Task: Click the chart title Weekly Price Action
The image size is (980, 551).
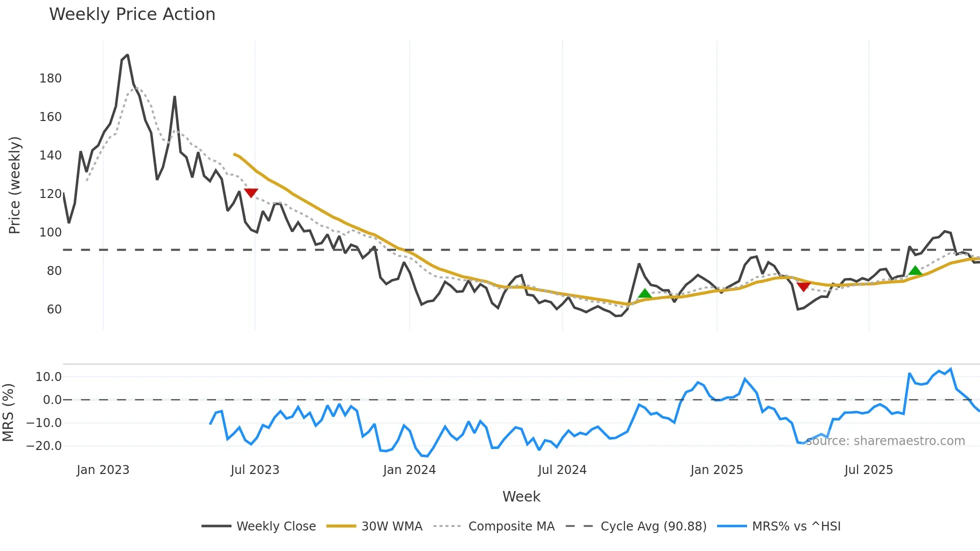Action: coord(132,14)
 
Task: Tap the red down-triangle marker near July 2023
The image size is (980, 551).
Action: coord(251,192)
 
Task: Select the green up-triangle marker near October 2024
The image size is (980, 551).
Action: coord(645,293)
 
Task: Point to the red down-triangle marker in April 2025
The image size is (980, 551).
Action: coord(803,286)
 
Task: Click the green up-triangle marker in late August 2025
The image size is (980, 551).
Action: coord(915,270)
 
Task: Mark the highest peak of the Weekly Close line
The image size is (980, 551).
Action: coord(127,55)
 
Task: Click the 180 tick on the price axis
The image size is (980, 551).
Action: coord(50,78)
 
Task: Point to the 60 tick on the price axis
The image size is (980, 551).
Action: coord(54,309)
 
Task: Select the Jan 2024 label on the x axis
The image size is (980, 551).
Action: coord(409,470)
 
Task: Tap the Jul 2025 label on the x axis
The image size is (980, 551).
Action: coord(868,470)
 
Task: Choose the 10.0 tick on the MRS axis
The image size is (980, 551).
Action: coord(48,377)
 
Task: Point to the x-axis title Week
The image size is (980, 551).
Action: coord(521,496)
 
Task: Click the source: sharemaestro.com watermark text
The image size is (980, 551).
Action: coord(885,441)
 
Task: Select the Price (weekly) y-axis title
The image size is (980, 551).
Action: coord(14,185)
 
